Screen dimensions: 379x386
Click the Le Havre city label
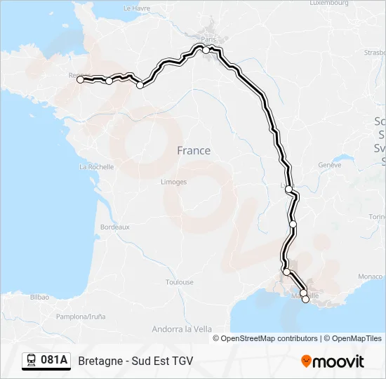click(137, 8)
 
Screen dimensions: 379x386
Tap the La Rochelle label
click(97, 167)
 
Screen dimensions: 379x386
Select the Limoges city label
click(173, 182)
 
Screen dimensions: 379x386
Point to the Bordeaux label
click(115, 227)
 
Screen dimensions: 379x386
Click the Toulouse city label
click(179, 282)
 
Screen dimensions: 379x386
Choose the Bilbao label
click(39, 297)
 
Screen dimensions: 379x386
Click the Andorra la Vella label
click(182, 328)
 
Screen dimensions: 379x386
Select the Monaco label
click(371, 277)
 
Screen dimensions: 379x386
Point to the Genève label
click(329, 165)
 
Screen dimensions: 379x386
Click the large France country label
click(193, 150)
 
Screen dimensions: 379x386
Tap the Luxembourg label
click(328, 3)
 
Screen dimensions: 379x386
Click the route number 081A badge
click(54, 361)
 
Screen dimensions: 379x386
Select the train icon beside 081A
click(32, 361)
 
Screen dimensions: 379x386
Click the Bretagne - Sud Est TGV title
click(135, 361)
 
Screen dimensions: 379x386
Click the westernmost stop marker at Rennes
click(80, 80)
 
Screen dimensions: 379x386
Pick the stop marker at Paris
click(206, 50)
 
